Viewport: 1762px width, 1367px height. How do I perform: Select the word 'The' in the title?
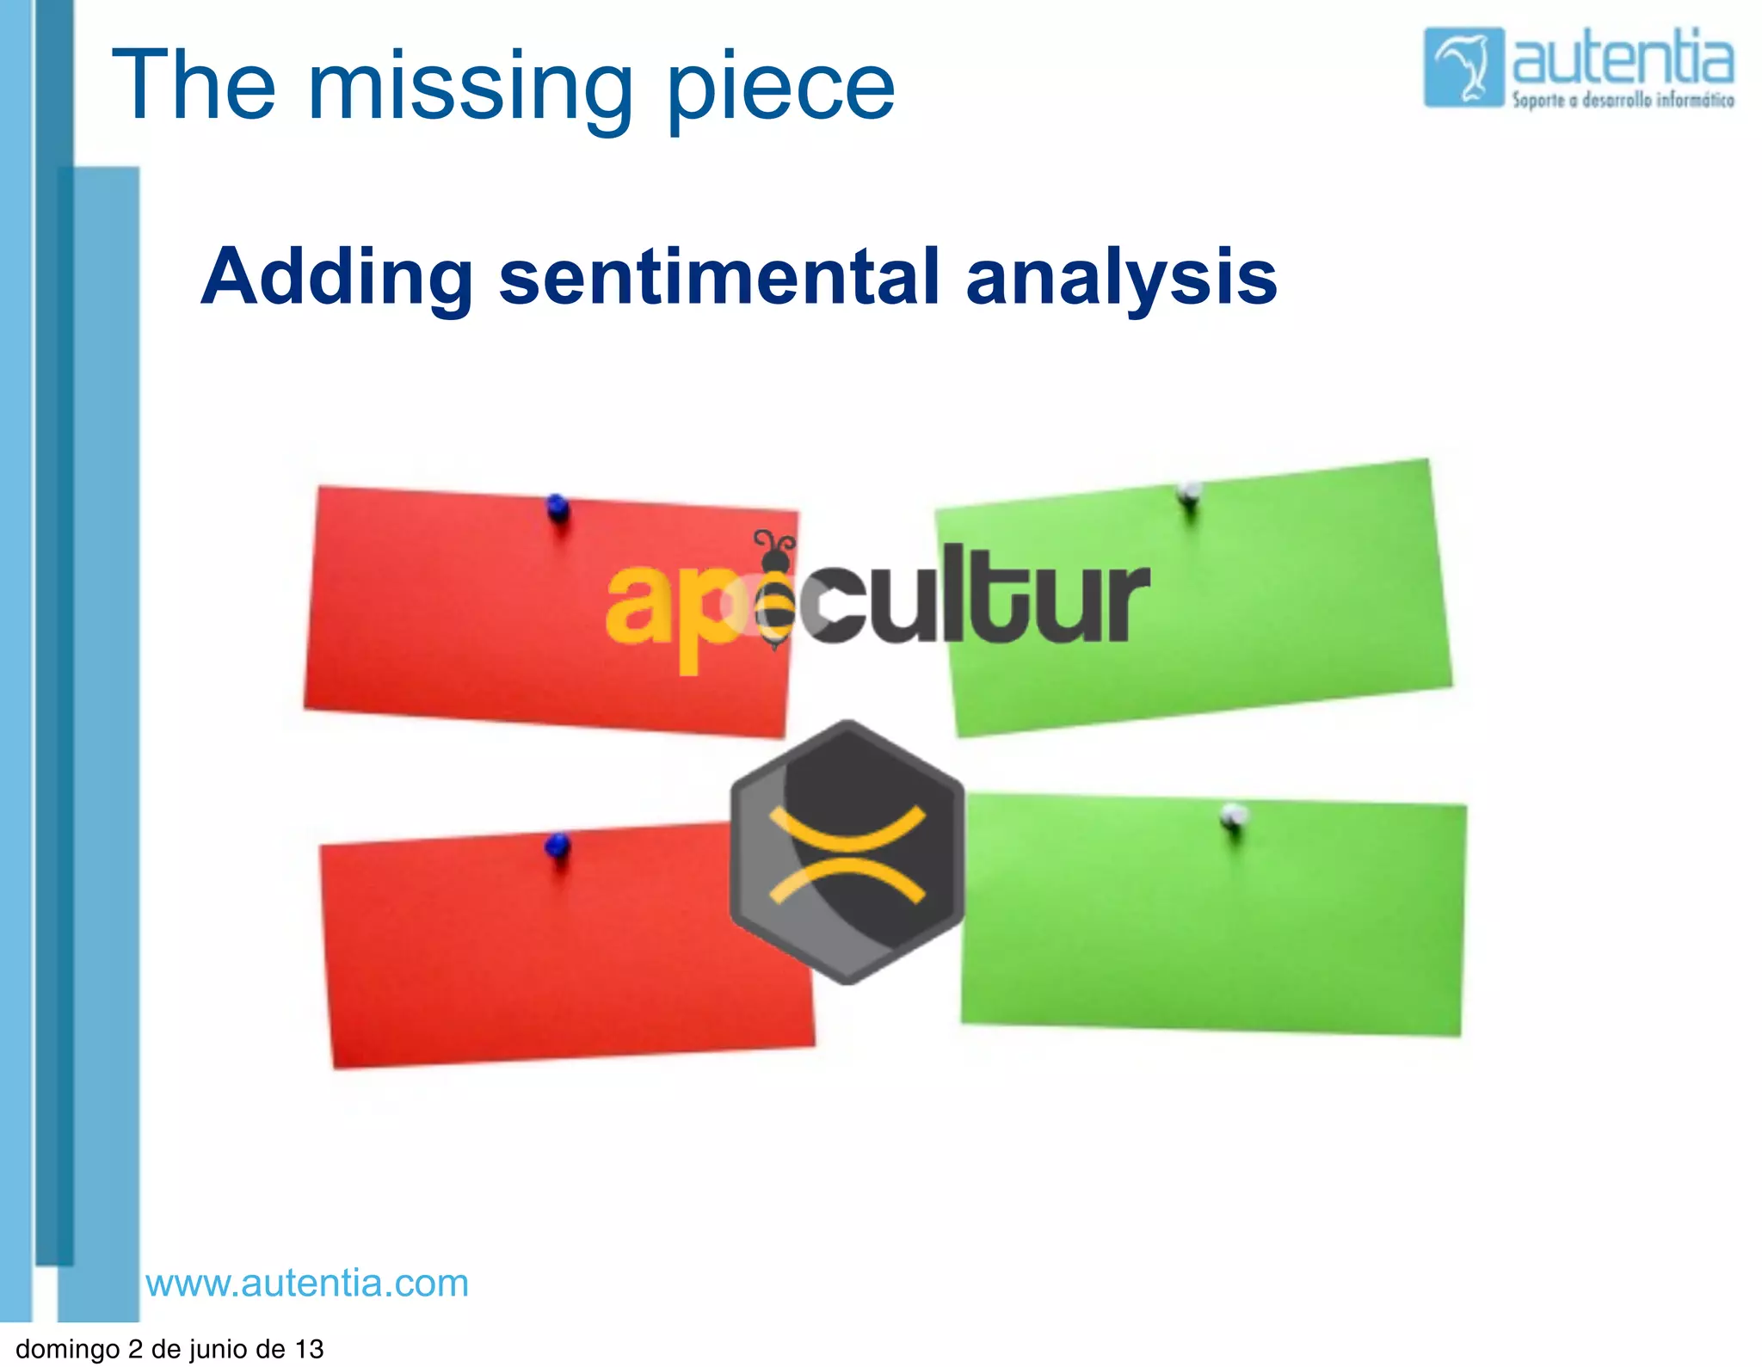[194, 86]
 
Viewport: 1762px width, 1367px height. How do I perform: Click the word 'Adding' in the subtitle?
[336, 277]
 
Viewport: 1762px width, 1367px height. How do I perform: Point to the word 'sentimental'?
[719, 277]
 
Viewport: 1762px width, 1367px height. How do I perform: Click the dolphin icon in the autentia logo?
[1463, 67]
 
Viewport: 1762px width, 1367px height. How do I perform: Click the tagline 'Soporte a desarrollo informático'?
[1623, 101]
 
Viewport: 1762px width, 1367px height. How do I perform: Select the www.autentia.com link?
[307, 1283]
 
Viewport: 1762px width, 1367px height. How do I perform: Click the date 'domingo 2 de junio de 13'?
[169, 1349]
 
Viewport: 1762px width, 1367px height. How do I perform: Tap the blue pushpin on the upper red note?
[558, 508]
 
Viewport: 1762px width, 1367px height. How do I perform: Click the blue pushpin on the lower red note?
[558, 846]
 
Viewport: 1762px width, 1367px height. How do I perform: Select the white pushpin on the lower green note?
[1234, 815]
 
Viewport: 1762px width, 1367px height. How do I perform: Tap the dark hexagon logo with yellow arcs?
[847, 852]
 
